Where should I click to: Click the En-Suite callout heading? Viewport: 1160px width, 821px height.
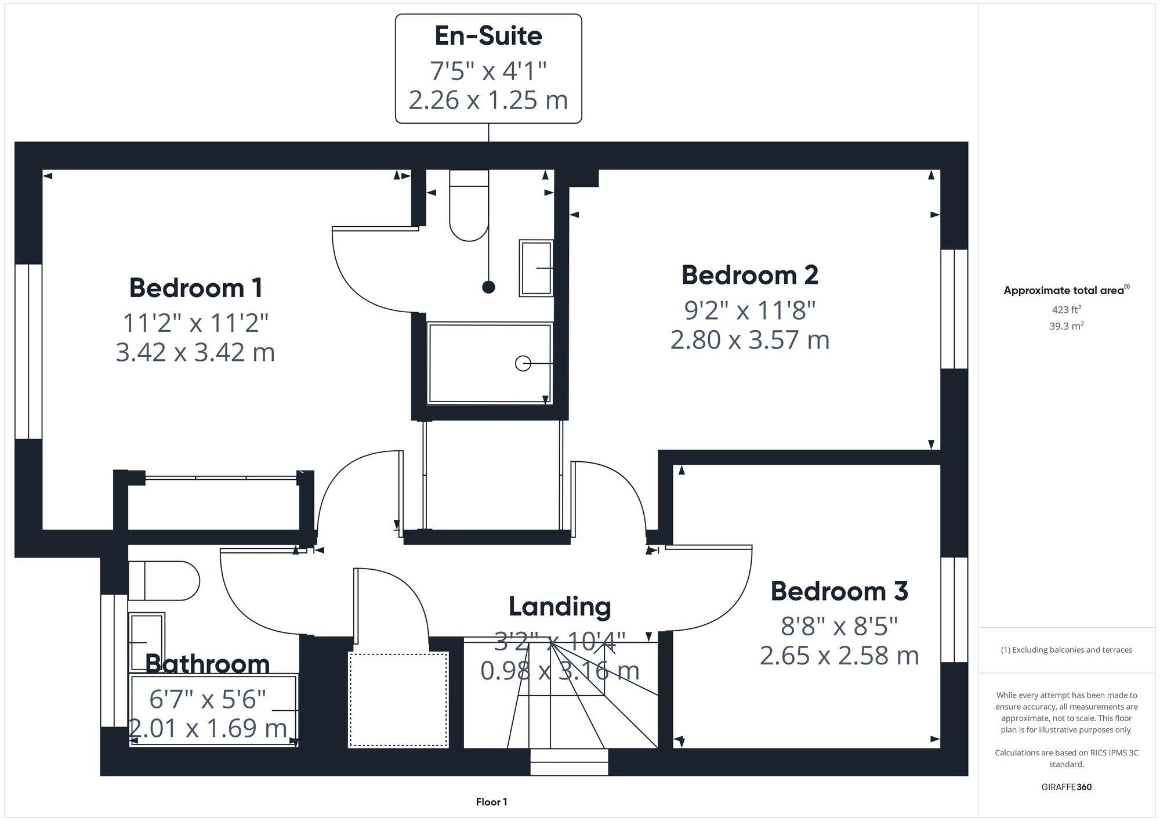click(488, 36)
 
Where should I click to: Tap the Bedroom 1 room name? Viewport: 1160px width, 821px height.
click(195, 288)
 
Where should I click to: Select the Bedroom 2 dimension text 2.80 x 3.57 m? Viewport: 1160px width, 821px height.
click(749, 340)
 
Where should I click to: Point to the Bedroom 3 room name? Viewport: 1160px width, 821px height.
click(839, 591)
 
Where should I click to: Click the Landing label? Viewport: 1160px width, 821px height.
click(560, 606)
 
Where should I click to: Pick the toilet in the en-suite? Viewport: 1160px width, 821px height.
click(469, 206)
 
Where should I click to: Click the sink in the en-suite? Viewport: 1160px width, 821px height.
click(536, 267)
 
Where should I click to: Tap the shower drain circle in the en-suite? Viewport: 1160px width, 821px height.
click(523, 363)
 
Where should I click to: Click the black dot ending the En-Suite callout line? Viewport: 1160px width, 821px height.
click(489, 287)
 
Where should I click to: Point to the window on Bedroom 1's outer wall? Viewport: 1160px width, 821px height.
click(28, 351)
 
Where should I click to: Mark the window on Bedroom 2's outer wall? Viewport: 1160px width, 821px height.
click(954, 309)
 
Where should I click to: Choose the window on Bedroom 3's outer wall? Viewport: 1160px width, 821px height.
click(954, 609)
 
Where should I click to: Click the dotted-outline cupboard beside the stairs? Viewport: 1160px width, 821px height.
click(398, 700)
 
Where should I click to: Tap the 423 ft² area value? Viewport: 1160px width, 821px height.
click(1066, 309)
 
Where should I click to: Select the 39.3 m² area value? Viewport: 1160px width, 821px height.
click(1066, 326)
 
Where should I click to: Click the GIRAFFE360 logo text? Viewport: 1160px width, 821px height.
click(1066, 787)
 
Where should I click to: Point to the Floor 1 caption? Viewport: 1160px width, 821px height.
click(491, 802)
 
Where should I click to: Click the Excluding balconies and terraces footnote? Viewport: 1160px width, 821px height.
click(1066, 650)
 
